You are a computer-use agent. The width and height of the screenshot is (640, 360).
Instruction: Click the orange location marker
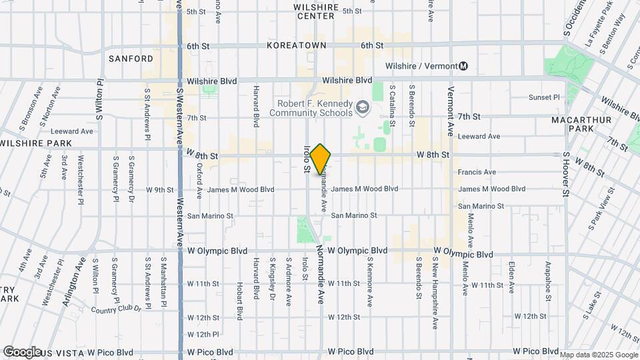pos(321,159)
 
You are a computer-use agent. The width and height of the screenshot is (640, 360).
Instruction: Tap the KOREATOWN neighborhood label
pos(296,45)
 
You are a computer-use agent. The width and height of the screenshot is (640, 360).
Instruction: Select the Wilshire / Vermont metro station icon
pos(463,66)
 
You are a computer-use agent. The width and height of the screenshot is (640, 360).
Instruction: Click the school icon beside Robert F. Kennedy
pos(362,107)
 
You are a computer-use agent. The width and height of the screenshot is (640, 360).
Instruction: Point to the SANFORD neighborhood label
pos(131,59)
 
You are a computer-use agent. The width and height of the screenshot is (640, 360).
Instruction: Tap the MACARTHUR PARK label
pos(577,124)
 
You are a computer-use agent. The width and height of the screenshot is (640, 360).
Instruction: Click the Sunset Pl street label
pos(544,97)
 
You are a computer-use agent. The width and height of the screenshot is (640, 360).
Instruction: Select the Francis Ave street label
pos(477,172)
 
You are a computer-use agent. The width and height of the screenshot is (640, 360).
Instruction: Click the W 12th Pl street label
pos(203,335)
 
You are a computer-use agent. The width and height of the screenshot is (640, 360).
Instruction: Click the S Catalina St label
pos(393,106)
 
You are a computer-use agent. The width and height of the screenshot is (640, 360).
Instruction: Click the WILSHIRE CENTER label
pos(316,11)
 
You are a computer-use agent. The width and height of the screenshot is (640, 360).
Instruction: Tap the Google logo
pos(22,352)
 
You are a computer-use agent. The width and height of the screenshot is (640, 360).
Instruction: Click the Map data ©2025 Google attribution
pos(599,355)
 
